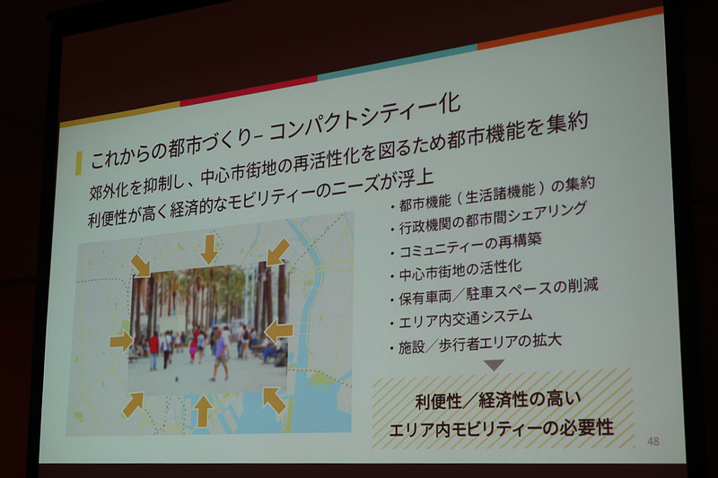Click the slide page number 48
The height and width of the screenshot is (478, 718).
point(652,440)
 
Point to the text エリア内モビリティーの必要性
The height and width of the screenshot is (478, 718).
point(502,428)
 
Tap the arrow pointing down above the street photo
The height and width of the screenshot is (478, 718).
point(209,248)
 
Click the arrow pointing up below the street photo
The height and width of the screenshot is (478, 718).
point(204,411)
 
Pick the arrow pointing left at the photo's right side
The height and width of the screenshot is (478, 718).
point(278,331)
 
